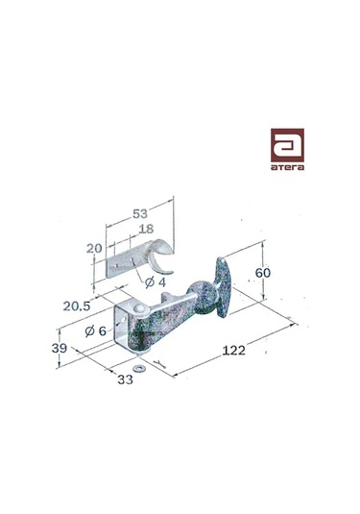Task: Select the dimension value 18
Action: pyautogui.click(x=144, y=231)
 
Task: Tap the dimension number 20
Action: pyautogui.click(x=95, y=248)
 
